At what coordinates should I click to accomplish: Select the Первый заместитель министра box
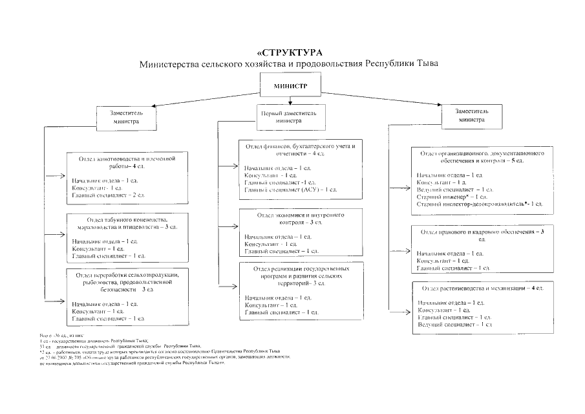click(x=288, y=116)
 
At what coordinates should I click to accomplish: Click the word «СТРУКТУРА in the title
click(x=289, y=52)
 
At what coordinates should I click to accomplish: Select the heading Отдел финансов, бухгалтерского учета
click(x=299, y=149)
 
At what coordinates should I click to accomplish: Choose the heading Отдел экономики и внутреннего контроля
click(x=299, y=217)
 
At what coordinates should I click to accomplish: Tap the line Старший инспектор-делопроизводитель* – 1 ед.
click(x=480, y=204)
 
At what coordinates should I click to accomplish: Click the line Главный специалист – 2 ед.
click(x=108, y=194)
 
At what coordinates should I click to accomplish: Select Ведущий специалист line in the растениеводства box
click(x=451, y=324)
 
